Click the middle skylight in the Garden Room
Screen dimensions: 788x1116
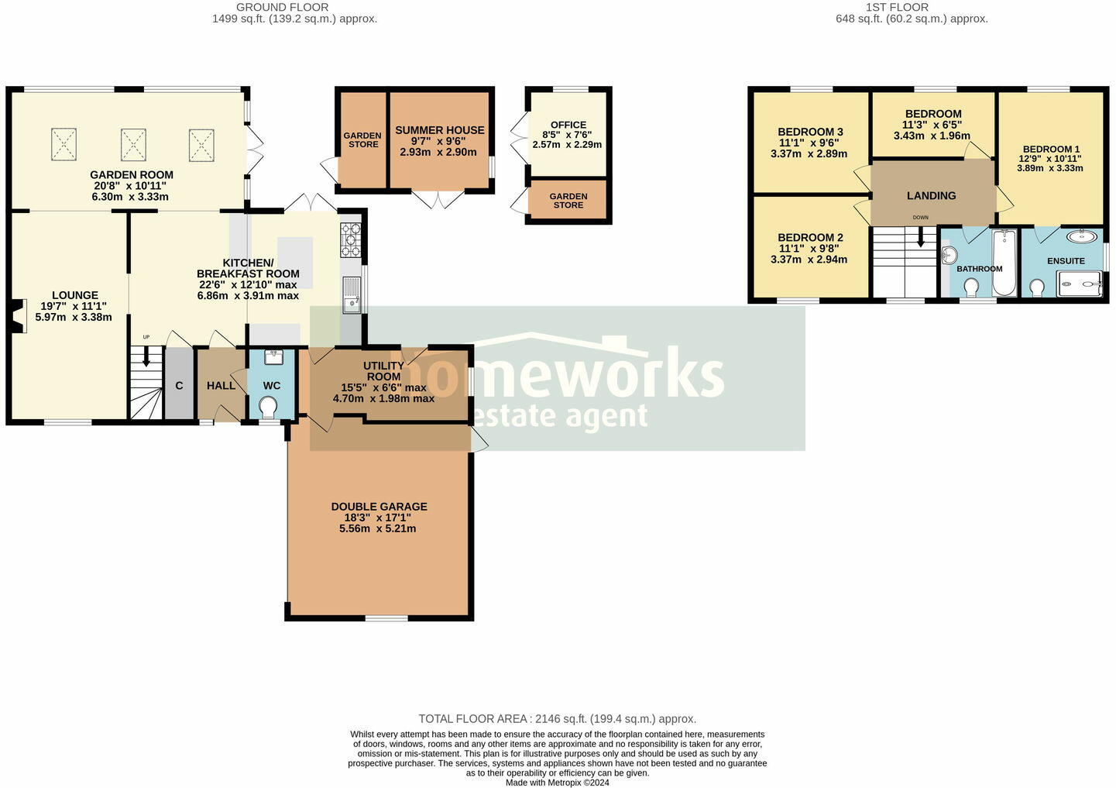tap(133, 145)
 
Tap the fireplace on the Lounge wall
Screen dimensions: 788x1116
tap(19, 316)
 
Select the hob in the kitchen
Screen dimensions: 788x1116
tap(350, 239)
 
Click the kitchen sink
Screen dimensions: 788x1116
tap(352, 295)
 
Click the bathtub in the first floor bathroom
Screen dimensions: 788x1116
tap(1004, 263)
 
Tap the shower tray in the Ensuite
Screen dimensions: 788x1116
tap(1080, 284)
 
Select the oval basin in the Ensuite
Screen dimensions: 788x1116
tap(1081, 237)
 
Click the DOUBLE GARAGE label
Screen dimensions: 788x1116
tap(379, 507)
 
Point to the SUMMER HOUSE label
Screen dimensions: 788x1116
tap(440, 130)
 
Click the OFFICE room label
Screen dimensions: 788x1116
tap(568, 125)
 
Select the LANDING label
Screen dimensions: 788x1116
tap(931, 196)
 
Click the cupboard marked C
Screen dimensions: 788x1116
tap(179, 386)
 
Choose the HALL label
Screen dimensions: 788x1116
tap(221, 386)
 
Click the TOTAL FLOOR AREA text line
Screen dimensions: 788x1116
tap(557, 719)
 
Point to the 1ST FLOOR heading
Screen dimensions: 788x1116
tap(897, 7)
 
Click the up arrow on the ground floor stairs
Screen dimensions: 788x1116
tap(146, 357)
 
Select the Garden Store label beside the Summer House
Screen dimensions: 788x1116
tap(362, 140)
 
